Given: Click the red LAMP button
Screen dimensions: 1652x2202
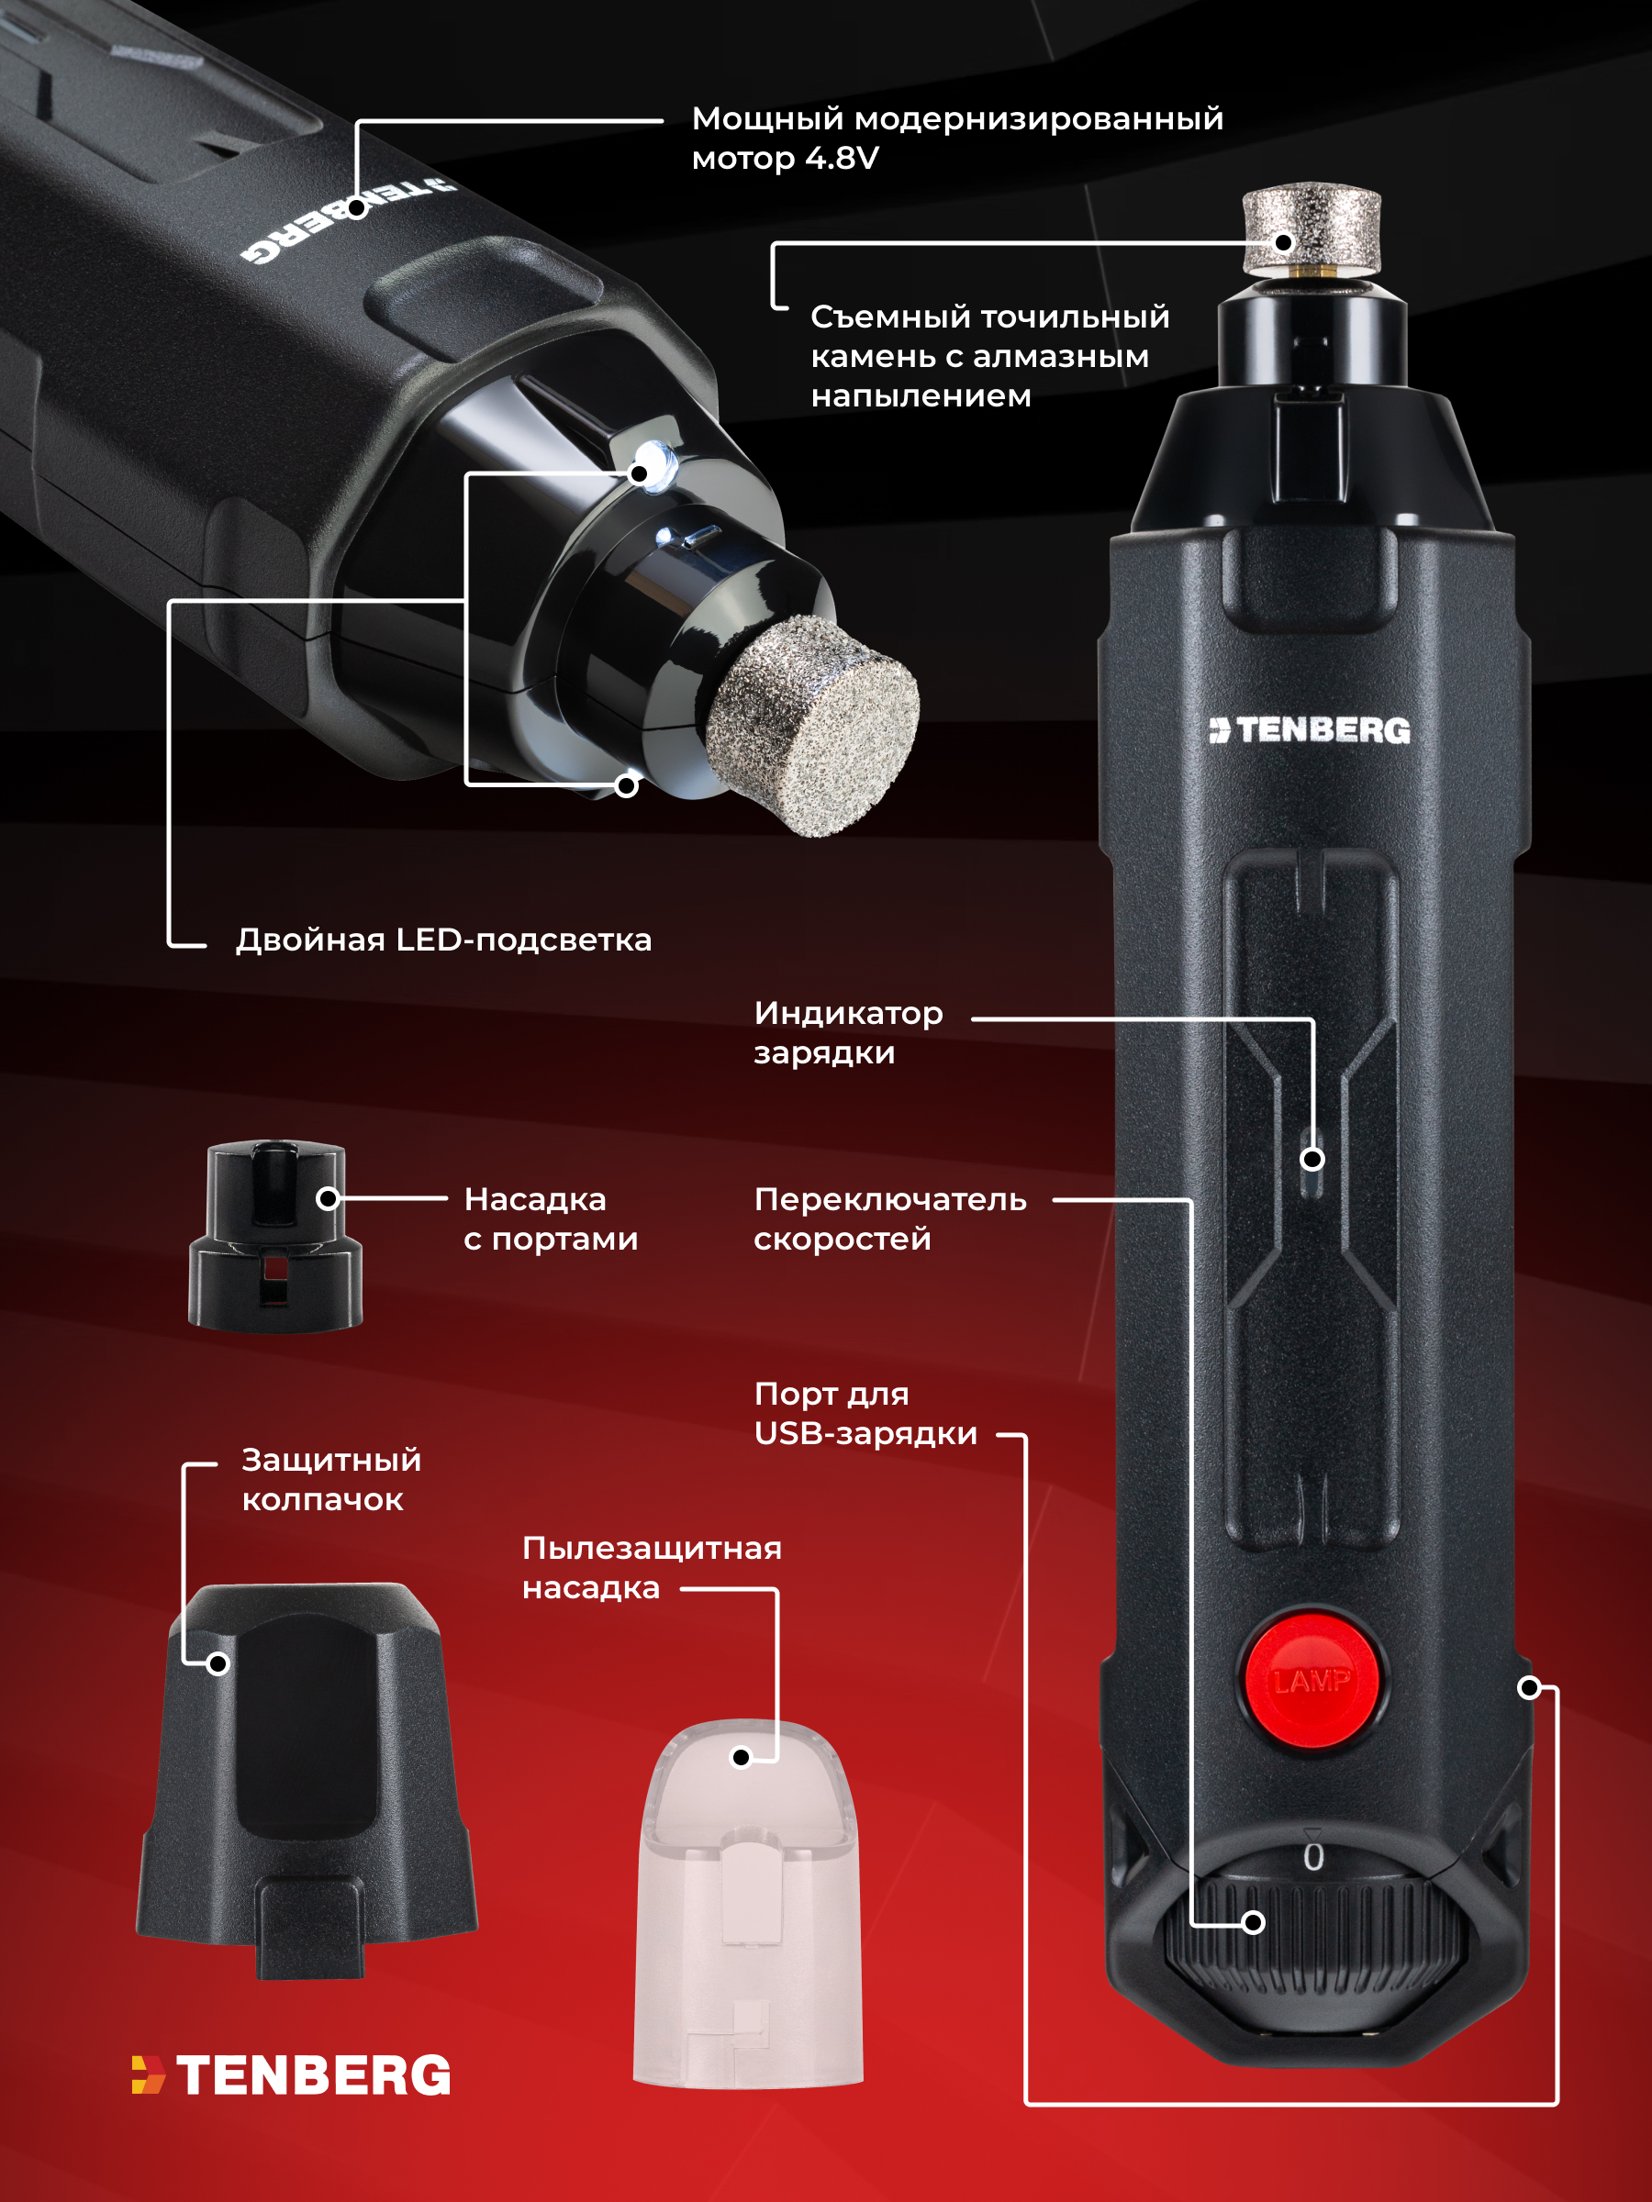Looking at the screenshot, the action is click(1312, 1682).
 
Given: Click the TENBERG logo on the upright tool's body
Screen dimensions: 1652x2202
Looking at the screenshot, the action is click(1310, 729).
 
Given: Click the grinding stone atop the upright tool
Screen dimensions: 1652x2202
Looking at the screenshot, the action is click(1312, 230).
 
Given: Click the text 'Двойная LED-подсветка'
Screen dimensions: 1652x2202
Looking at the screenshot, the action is click(444, 940).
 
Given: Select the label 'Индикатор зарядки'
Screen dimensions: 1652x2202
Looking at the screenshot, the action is click(848, 1032).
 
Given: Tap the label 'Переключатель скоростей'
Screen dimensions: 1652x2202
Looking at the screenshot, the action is click(890, 1218).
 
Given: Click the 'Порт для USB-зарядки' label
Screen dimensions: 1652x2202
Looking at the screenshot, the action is click(865, 1414).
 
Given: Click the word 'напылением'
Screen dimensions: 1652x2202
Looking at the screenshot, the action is click(921, 396).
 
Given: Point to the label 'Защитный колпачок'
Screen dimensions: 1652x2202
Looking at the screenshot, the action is click(331, 1479).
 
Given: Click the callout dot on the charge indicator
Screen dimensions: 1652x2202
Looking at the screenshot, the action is click(1312, 1159).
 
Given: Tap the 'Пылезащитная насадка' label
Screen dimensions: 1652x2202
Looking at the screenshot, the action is click(653, 1568).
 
